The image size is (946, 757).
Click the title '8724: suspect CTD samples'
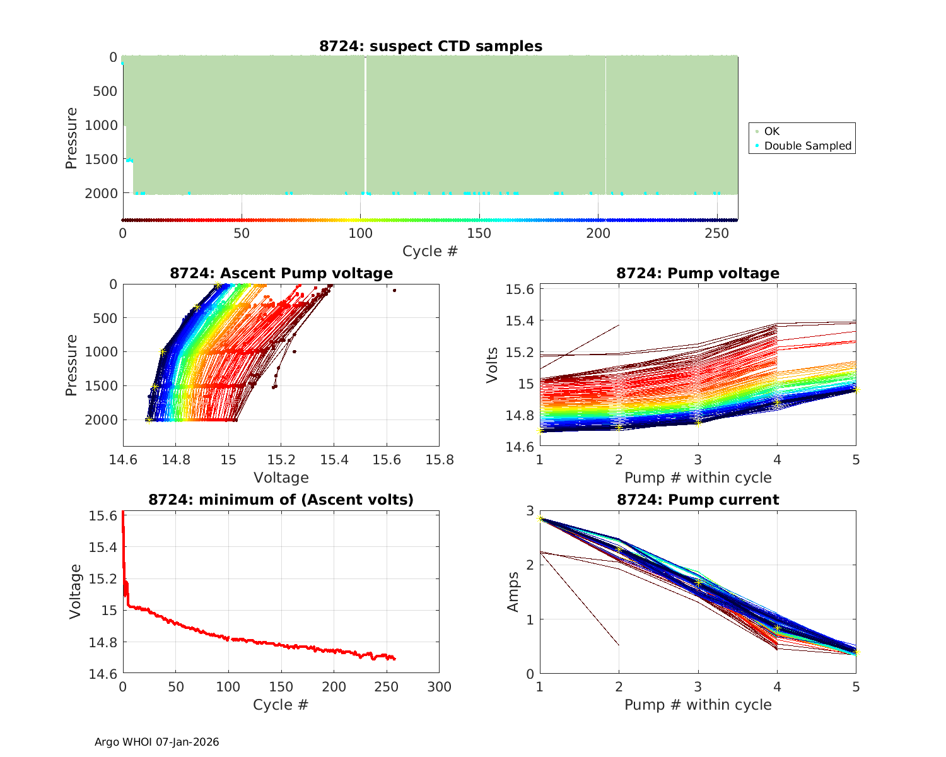tap(430, 46)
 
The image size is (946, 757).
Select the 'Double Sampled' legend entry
tap(807, 146)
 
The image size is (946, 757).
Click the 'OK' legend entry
tap(771, 131)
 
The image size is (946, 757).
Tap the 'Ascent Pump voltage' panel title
tap(281, 273)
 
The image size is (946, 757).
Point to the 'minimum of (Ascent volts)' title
tap(281, 500)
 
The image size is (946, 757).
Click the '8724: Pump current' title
tap(698, 500)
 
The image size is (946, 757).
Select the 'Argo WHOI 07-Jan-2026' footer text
tap(157, 742)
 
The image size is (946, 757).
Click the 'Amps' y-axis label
tap(513, 592)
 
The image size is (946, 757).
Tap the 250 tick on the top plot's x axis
tap(717, 233)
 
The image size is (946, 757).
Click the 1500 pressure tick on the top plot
tap(101, 159)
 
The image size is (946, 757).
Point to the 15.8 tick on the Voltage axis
tap(440, 460)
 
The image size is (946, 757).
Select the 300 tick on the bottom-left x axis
tap(440, 686)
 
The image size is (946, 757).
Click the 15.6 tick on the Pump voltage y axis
tap(520, 289)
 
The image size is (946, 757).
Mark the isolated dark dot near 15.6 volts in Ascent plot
tap(394, 290)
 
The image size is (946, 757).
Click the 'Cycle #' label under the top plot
tap(430, 251)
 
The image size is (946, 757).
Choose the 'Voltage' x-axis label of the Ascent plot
tap(281, 478)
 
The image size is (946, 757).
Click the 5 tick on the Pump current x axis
tap(856, 686)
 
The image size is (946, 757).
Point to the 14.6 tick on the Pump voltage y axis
tap(520, 447)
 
